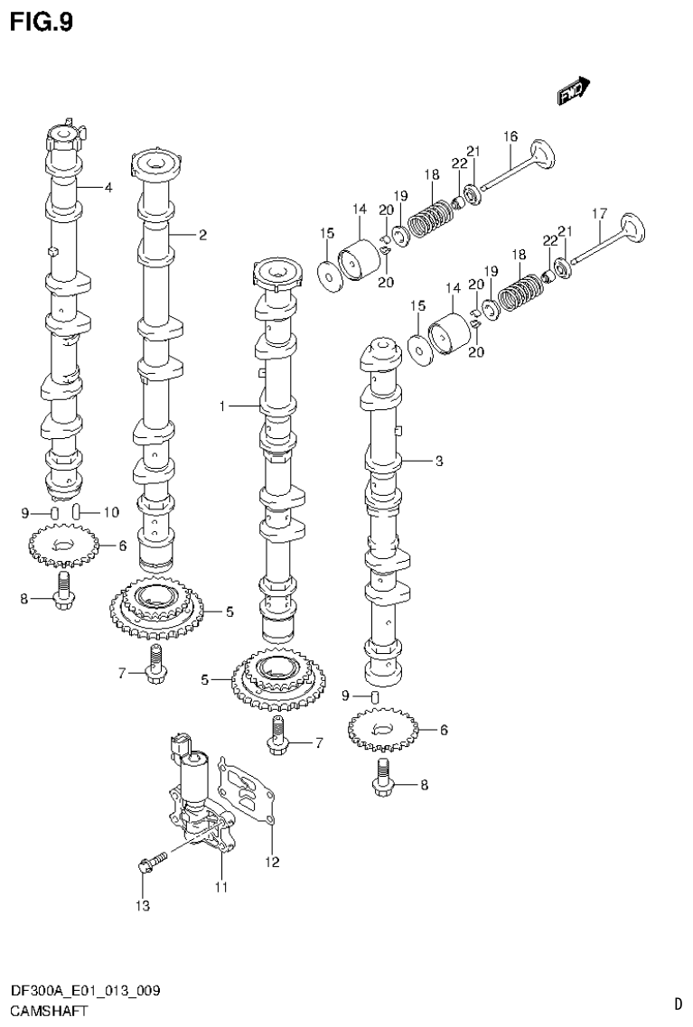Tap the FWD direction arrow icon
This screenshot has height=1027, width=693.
coord(572,89)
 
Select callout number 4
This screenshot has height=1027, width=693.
coord(108,188)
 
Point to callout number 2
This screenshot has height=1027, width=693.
coord(203,236)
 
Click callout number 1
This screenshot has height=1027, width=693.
coord(221,407)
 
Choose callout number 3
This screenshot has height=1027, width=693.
coord(437,462)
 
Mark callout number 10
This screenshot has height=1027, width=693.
coord(110,512)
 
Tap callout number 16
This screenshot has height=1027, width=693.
coord(510,136)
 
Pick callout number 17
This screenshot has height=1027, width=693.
coord(597,214)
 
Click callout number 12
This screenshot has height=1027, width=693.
coord(272,862)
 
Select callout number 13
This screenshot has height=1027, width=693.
coord(142,905)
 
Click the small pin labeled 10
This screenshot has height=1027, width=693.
coord(79,512)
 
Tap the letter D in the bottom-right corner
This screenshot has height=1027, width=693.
coord(678,1004)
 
